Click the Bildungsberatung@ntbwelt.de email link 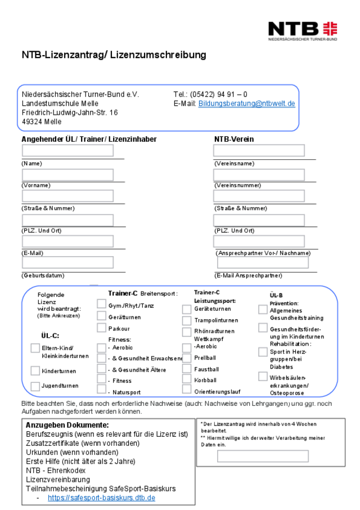tap(246, 104)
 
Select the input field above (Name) tap(67, 151)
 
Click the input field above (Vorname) tap(67, 175)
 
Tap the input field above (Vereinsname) tap(259, 151)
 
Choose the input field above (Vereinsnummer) tap(259, 175)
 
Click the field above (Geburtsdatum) tap(67, 263)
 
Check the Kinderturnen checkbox tap(35, 371)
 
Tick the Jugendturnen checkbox tap(35, 386)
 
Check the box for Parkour tap(102, 328)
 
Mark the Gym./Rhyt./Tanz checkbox tap(102, 304)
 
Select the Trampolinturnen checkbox tap(187, 321)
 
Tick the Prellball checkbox tap(187, 357)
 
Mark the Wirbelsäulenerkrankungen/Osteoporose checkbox tap(263, 376)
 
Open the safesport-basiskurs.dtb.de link tap(101, 498)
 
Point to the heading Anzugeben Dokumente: tap(67, 426)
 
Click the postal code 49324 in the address tap(33, 122)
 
